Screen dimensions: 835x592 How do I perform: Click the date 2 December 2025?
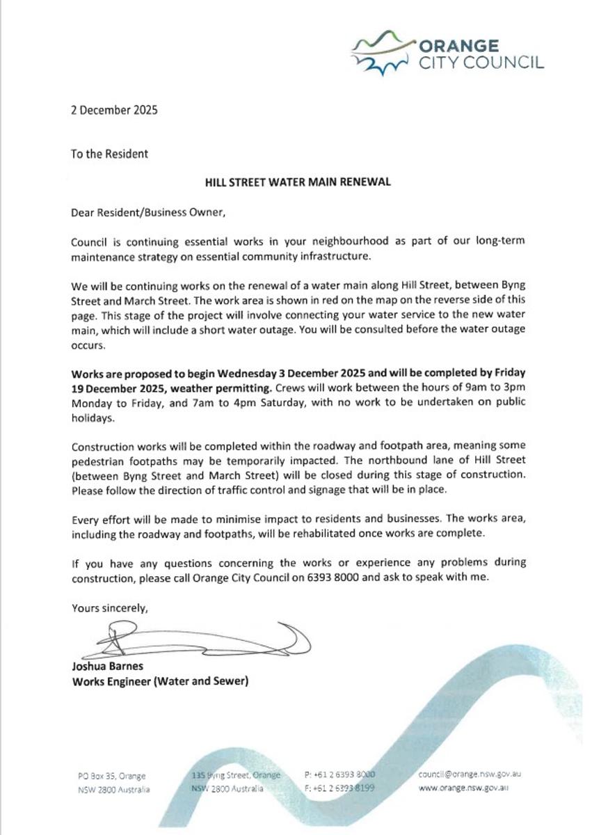point(114,109)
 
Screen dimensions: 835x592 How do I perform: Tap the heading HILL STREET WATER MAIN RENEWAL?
point(297,182)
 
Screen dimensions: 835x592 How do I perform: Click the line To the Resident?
point(109,153)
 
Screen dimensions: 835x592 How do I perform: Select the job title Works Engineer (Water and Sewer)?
point(160,681)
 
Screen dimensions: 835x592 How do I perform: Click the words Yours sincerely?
point(110,608)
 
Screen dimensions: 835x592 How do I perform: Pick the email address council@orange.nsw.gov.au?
point(470,774)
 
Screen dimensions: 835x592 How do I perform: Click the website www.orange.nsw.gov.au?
point(463,789)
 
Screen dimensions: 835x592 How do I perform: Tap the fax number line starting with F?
point(339,788)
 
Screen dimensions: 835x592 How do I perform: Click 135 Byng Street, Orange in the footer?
point(236,774)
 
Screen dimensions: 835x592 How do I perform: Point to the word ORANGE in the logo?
point(458,46)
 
